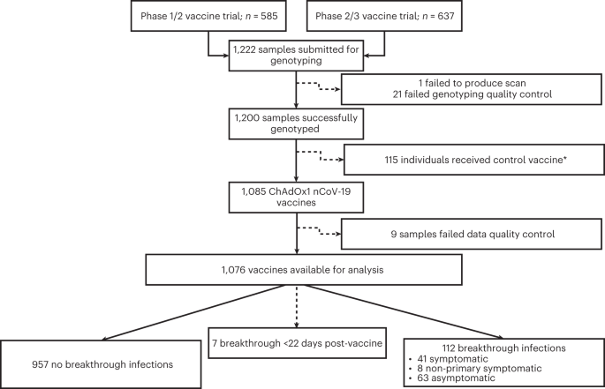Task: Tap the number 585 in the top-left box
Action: [265, 17]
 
